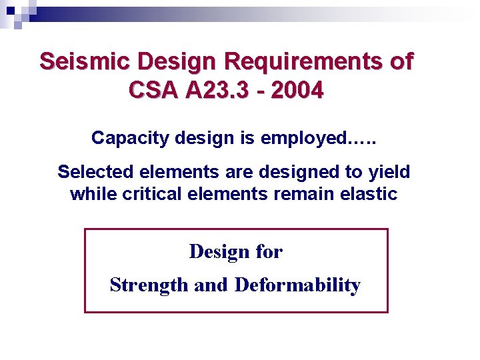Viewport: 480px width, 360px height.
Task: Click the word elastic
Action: click(365, 194)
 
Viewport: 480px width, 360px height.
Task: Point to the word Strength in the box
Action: click(149, 285)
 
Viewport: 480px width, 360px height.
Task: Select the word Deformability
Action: click(297, 285)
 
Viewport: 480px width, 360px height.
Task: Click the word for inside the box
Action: click(269, 252)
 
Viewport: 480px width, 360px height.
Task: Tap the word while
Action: click(91, 194)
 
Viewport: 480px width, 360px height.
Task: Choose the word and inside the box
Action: click(211, 285)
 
